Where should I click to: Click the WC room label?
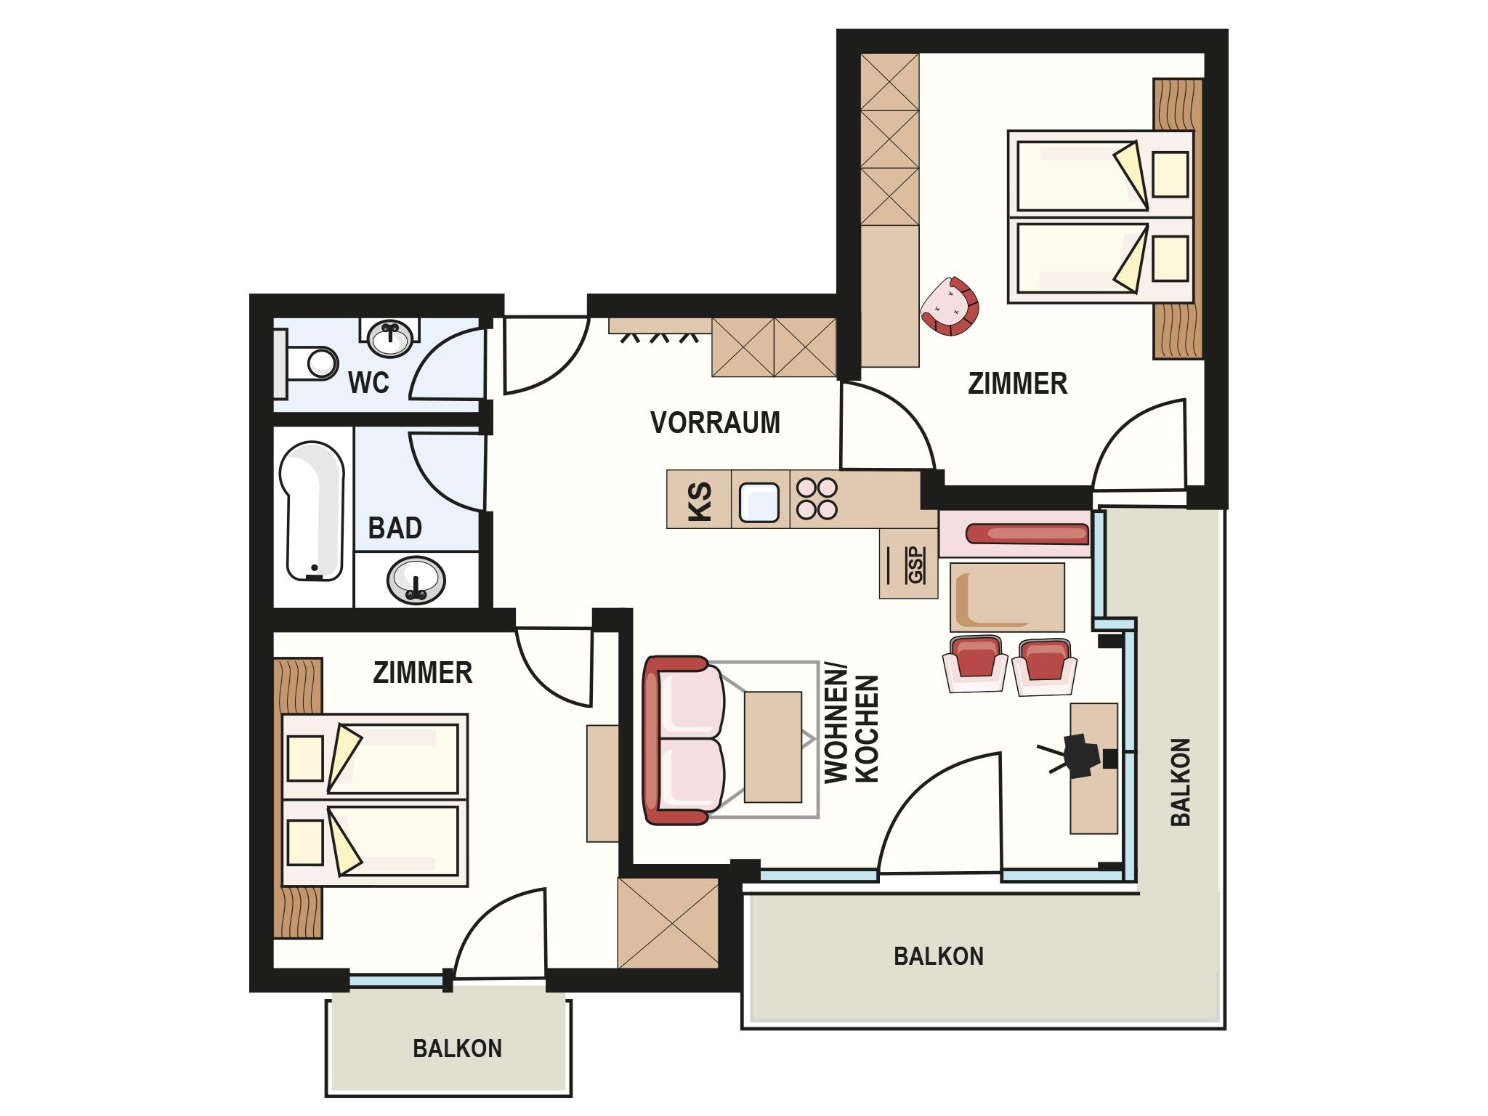click(368, 382)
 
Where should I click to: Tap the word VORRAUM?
click(715, 422)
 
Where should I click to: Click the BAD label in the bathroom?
click(395, 527)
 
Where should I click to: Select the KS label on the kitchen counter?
click(700, 499)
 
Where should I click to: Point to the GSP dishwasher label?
click(916, 565)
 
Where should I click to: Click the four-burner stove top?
click(817, 498)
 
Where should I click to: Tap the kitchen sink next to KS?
click(759, 502)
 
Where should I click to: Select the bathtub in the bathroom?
click(312, 511)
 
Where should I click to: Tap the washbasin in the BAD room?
click(416, 581)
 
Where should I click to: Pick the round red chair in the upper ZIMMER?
click(950, 306)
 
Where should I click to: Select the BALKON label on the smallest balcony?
click(457, 1048)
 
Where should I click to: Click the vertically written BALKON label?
click(1181, 783)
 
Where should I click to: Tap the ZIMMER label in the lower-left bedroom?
click(422, 673)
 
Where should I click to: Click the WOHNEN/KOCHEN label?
click(852, 728)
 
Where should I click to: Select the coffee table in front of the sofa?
click(773, 747)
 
